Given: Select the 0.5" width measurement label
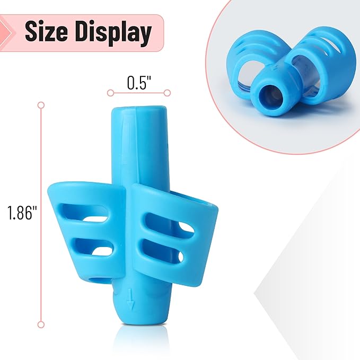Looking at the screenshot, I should (x=139, y=83).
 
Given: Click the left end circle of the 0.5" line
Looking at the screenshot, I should (x=110, y=93).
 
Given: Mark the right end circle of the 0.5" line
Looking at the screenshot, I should (x=167, y=93).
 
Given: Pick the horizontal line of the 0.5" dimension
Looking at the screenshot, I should (x=139, y=93).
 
